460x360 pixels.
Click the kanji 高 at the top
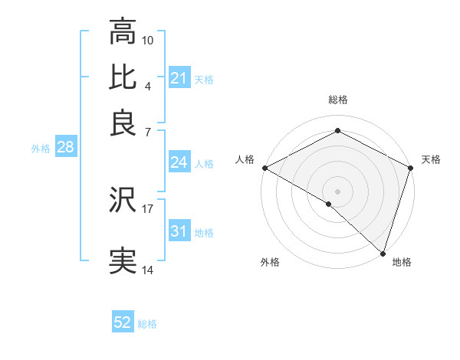pyautogui.click(x=123, y=33)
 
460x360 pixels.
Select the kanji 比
pyautogui.click(x=123, y=77)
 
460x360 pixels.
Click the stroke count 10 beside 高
pyautogui.click(x=148, y=39)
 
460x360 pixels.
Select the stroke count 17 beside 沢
pyautogui.click(x=148, y=207)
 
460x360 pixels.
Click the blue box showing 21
pyautogui.click(x=179, y=78)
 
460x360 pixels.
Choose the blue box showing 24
pyautogui.click(x=179, y=162)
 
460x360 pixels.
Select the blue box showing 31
pyautogui.click(x=179, y=231)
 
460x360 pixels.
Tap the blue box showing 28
pyautogui.click(x=65, y=148)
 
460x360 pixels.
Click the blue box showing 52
pyautogui.click(x=123, y=322)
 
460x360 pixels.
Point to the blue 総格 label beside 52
pyautogui.click(x=147, y=324)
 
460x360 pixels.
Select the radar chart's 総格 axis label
pyautogui.click(x=337, y=100)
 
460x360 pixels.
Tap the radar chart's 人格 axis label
pyautogui.click(x=245, y=159)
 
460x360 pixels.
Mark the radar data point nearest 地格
pyautogui.click(x=382, y=252)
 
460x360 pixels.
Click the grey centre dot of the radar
pyautogui.click(x=337, y=191)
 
